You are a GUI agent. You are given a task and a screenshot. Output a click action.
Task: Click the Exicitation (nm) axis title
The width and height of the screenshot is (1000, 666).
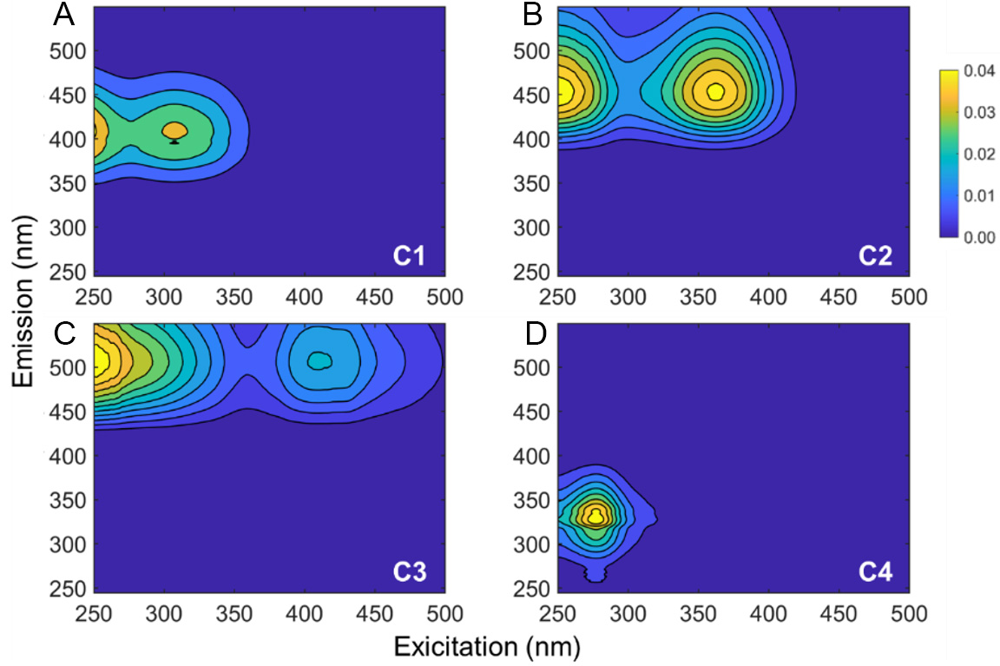[487, 647]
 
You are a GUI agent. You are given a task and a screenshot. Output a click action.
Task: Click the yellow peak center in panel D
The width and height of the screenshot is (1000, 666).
[595, 517]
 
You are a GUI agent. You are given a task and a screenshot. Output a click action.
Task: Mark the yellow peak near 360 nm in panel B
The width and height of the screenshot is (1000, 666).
[715, 90]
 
